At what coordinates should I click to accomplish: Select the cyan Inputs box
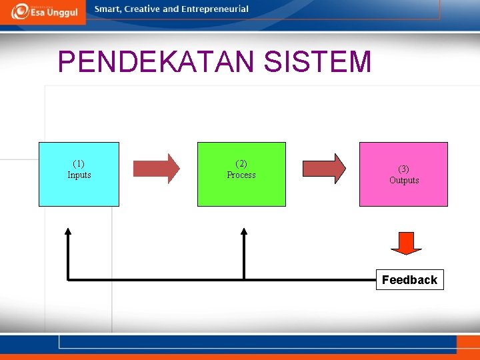(79, 174)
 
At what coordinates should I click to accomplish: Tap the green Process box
(241, 174)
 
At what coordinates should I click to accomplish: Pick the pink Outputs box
(403, 174)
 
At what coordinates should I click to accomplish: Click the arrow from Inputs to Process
(157, 168)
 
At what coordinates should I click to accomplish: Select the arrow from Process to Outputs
(325, 168)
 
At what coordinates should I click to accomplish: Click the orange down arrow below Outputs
(406, 243)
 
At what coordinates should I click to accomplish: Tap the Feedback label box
(409, 280)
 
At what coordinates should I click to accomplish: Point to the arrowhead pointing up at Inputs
(67, 231)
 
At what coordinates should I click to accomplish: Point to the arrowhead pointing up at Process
(244, 231)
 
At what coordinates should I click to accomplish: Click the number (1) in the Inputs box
(79, 163)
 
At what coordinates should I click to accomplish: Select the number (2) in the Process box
(241, 163)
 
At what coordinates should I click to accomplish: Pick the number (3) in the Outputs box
(404, 169)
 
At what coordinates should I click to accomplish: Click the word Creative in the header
(142, 9)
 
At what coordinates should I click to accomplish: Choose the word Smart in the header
(107, 9)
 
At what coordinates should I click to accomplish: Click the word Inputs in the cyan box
(79, 175)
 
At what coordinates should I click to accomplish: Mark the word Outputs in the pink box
(404, 180)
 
